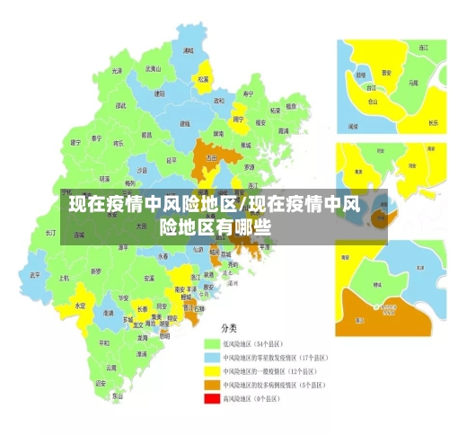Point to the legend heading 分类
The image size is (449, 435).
point(231,328)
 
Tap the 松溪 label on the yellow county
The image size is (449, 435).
point(203,79)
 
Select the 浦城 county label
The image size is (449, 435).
point(188,50)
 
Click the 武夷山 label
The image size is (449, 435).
point(154,68)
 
